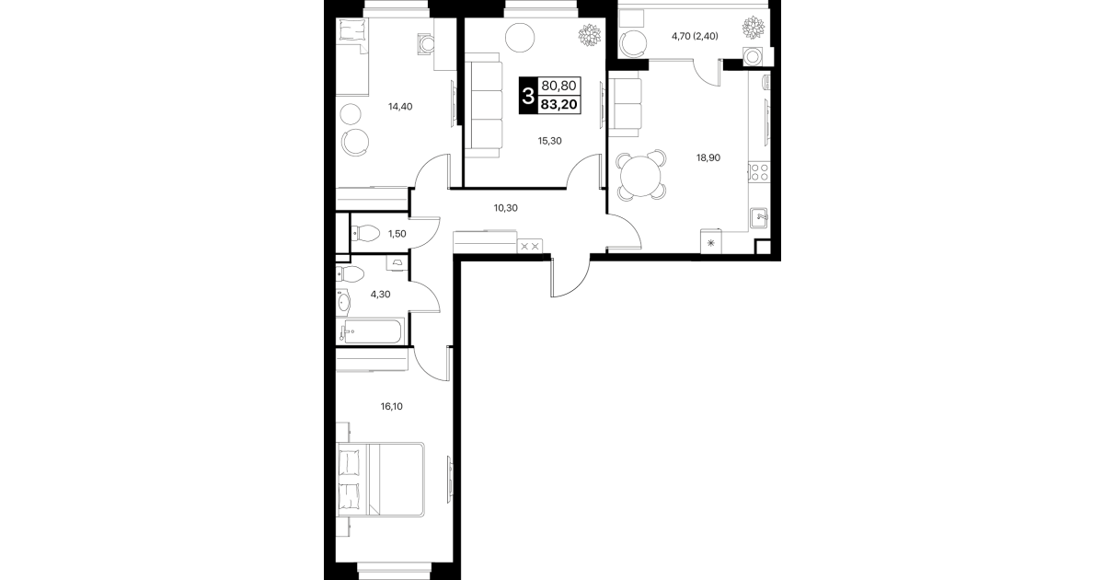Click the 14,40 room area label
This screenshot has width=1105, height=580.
click(400, 107)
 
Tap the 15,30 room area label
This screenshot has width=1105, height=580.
click(549, 141)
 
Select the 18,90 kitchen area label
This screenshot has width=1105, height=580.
click(708, 158)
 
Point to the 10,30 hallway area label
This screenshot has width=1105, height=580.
click(506, 208)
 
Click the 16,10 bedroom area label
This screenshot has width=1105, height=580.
click(391, 407)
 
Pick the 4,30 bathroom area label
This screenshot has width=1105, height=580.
click(380, 295)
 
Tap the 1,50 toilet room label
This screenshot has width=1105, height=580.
click(397, 234)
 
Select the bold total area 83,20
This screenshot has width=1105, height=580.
click(558, 105)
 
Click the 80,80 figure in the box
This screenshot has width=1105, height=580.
click(558, 86)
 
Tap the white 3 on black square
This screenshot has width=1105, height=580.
click(528, 96)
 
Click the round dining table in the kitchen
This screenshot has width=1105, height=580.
click(640, 176)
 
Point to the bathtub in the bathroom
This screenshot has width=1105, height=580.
click(371, 331)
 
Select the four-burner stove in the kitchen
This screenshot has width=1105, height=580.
click(759, 172)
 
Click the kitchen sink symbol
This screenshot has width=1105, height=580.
click(759, 218)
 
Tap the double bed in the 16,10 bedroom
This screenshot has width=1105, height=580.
click(380, 480)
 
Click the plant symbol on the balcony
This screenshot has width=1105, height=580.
click(754, 27)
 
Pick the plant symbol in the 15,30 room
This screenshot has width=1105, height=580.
click(591, 36)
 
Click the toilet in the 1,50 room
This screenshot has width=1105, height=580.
click(364, 234)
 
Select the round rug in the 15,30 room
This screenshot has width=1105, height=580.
click(520, 37)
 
